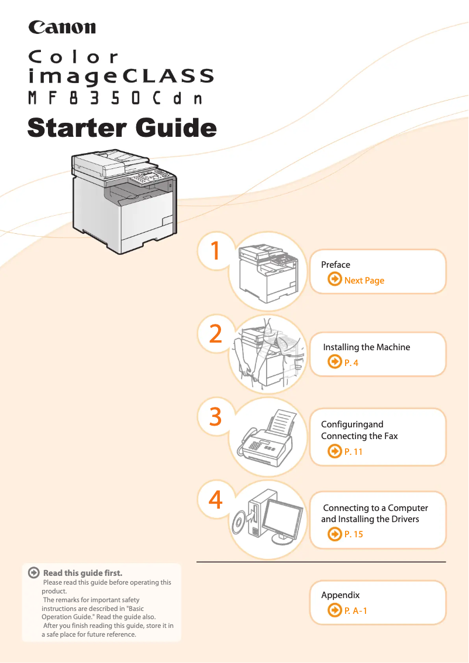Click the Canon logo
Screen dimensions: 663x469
coord(62,27)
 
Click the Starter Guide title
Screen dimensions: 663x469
coord(122,127)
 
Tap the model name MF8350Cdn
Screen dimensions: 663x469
coord(116,98)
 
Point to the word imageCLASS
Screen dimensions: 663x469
coord(121,76)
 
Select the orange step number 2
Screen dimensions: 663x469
coord(215,334)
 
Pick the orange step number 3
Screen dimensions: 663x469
coord(215,417)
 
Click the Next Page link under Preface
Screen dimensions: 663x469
coord(364,281)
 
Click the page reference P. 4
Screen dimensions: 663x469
coord(351,363)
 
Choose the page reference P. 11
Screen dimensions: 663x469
coord(353,452)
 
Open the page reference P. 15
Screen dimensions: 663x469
coord(353,534)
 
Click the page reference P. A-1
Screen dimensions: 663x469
coord(356,611)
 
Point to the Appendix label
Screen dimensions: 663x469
coord(340,595)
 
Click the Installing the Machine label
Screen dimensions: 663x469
coord(367,347)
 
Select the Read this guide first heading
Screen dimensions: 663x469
coord(82,573)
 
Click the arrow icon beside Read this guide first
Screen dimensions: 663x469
coord(35,573)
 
